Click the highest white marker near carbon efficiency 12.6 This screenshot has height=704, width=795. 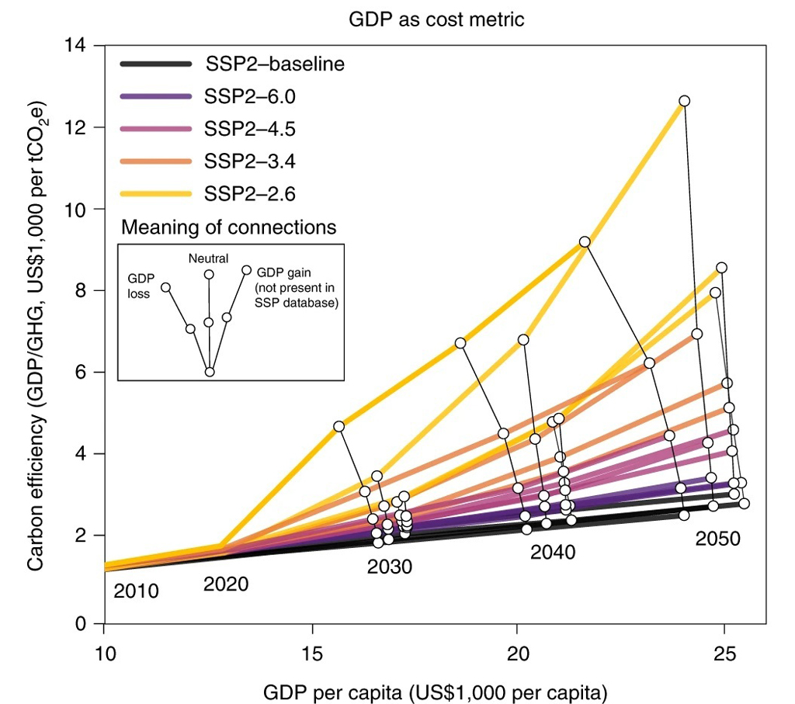coord(684,101)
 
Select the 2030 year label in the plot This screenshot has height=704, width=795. coord(390,567)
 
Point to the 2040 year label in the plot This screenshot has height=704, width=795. coord(553,553)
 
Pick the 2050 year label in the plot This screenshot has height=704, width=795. coord(719,538)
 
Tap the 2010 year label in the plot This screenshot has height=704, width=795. coord(136,591)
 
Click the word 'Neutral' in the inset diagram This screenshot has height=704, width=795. coord(208,256)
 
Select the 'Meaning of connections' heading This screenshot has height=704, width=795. coord(229,227)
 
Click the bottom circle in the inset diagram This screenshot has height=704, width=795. coord(210,372)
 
